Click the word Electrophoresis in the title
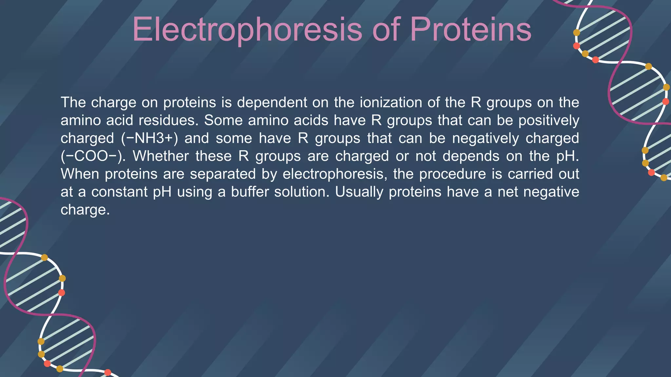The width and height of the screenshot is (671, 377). [247, 30]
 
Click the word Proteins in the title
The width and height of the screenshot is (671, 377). [470, 30]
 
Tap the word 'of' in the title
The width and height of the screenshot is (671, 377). [386, 30]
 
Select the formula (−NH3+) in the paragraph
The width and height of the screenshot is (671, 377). [149, 138]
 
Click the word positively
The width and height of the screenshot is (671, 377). [549, 120]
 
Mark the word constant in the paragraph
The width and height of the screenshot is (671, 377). [119, 192]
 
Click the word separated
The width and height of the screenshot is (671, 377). [223, 174]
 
